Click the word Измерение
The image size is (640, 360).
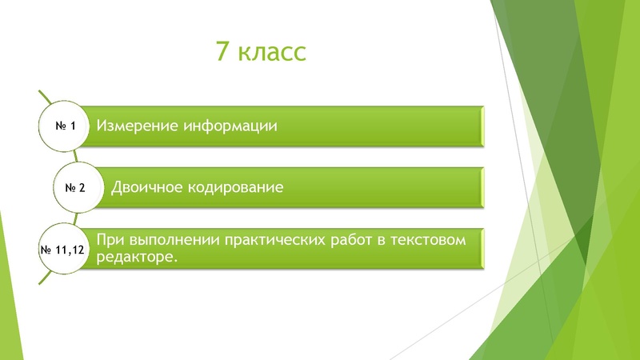[x=136, y=126]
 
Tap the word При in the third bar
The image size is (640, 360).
[x=109, y=240]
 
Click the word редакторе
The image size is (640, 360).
[x=134, y=257]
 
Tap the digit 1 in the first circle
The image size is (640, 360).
[x=73, y=126]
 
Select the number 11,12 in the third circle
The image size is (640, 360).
[x=71, y=250]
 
